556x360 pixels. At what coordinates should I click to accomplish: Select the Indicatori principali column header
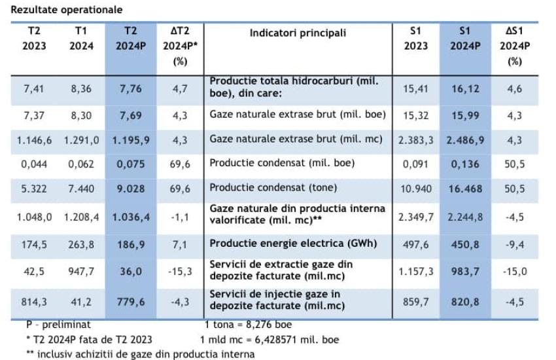pyautogui.click(x=298, y=33)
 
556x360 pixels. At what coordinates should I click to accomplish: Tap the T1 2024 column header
pyautogui.click(x=81, y=39)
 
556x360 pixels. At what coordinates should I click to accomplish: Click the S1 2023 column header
pyautogui.click(x=416, y=39)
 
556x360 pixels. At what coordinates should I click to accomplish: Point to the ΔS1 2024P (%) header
pyautogui.click(x=515, y=46)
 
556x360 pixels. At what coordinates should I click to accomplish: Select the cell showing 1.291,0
pyautogui.click(x=81, y=139)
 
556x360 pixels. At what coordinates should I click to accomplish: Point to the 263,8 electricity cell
pyautogui.click(x=81, y=243)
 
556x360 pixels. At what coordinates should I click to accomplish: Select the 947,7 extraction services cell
pyautogui.click(x=81, y=270)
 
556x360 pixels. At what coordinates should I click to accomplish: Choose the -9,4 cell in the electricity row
pyautogui.click(x=515, y=243)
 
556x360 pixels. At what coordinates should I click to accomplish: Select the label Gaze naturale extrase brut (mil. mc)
pyautogui.click(x=297, y=139)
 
